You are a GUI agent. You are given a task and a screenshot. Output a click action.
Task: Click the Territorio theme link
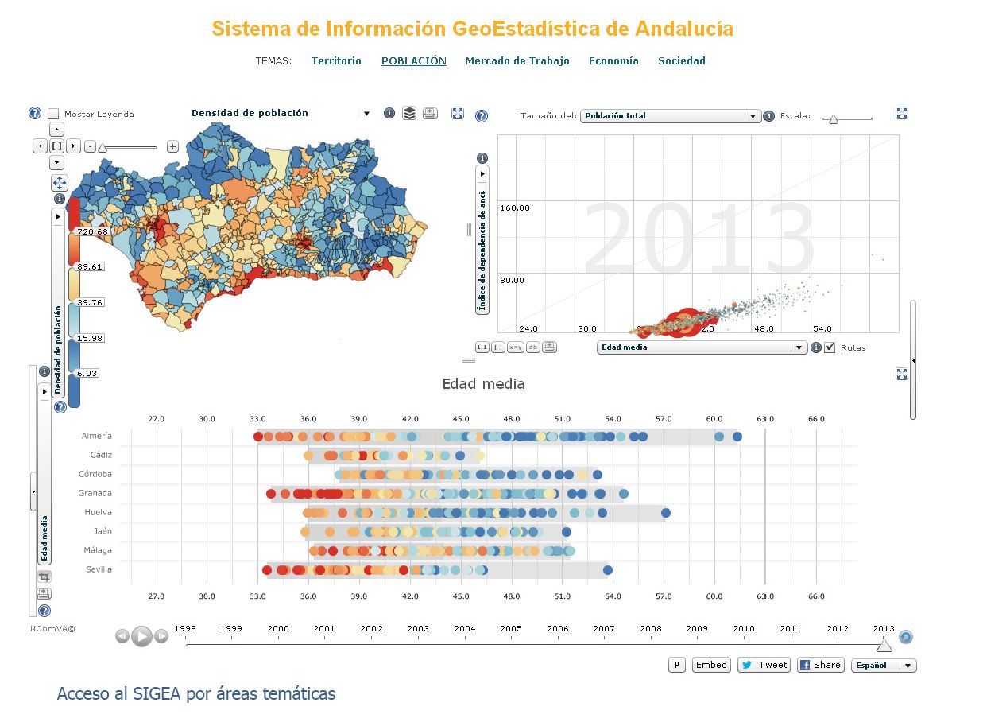pyautogui.click(x=336, y=60)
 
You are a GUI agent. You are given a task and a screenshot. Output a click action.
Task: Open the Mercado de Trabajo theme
pyautogui.click(x=517, y=60)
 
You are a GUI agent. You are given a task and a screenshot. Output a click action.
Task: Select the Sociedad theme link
pyautogui.click(x=681, y=60)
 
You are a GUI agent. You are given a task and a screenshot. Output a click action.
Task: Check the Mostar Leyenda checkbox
pyautogui.click(x=54, y=114)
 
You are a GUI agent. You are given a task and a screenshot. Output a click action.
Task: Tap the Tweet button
pyautogui.click(x=764, y=665)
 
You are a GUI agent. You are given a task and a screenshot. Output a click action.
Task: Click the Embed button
pyautogui.click(x=711, y=665)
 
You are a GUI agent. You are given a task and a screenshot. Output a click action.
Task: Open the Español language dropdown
pyautogui.click(x=883, y=666)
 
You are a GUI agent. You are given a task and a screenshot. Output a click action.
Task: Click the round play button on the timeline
pyautogui.click(x=141, y=636)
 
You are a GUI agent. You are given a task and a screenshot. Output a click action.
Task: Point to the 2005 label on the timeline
pyautogui.click(x=511, y=628)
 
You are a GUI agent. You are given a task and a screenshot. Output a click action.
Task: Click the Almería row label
pyautogui.click(x=96, y=436)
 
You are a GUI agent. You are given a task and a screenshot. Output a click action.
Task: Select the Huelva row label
pyautogui.click(x=98, y=512)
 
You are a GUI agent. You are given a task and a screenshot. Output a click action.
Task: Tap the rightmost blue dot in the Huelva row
pyautogui.click(x=666, y=513)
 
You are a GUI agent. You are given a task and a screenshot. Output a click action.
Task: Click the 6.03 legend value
pyautogui.click(x=87, y=373)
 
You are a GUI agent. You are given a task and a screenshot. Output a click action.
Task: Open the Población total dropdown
pyautogui.click(x=671, y=116)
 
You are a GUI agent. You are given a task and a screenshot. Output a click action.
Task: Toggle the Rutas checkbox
pyautogui.click(x=830, y=347)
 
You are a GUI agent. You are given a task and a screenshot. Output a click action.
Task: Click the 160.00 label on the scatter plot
pyautogui.click(x=514, y=208)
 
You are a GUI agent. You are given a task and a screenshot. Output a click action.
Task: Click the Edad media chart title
pyautogui.click(x=483, y=384)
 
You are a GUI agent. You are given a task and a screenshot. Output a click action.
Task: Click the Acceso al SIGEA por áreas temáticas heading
pyautogui.click(x=196, y=693)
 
